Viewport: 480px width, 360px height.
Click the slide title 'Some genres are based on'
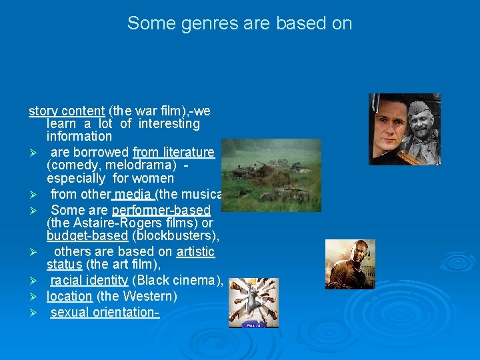(239, 23)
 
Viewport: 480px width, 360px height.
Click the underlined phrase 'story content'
(67, 111)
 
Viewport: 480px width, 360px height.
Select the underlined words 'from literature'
(174, 153)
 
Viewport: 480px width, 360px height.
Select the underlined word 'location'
(69, 296)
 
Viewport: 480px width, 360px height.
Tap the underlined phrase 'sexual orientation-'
(105, 312)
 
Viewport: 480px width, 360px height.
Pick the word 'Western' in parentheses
(157, 296)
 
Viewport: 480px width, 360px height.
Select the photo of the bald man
(350, 263)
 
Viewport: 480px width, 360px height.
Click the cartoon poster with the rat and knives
(253, 302)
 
